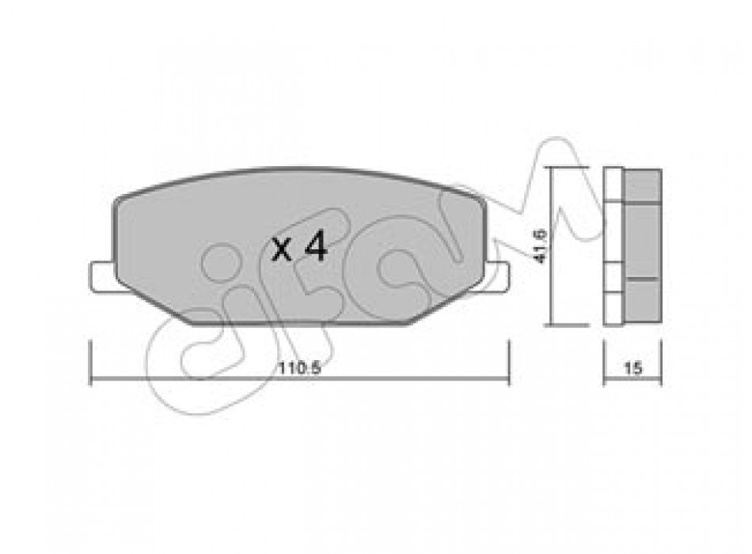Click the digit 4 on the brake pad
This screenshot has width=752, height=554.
(x=316, y=248)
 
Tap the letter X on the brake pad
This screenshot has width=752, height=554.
(x=282, y=250)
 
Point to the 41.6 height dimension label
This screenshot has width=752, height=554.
(x=541, y=246)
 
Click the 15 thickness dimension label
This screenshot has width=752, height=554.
(x=632, y=368)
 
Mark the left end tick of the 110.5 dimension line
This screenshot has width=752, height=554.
(x=91, y=363)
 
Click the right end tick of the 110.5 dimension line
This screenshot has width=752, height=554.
(x=509, y=363)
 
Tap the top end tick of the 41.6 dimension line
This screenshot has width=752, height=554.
(x=569, y=168)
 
